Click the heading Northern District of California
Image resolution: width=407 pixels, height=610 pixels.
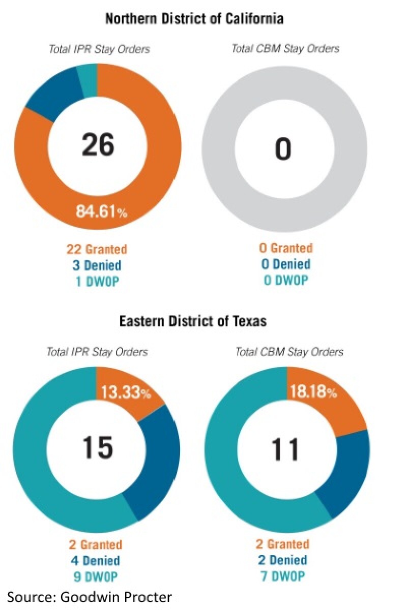[194, 20]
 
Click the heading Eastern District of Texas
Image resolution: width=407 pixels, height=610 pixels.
[193, 322]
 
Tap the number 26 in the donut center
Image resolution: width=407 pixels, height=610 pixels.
[98, 145]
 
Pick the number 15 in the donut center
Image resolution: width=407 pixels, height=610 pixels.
[97, 447]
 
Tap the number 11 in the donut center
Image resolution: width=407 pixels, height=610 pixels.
[285, 448]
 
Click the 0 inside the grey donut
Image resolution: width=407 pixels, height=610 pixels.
[283, 149]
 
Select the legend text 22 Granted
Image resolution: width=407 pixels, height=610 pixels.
[97, 250]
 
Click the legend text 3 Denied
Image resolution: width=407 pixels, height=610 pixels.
[97, 265]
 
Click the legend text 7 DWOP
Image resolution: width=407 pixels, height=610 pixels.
[282, 576]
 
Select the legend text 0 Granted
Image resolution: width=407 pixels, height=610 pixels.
[285, 249]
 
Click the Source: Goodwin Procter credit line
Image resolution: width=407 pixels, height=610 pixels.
[90, 597]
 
